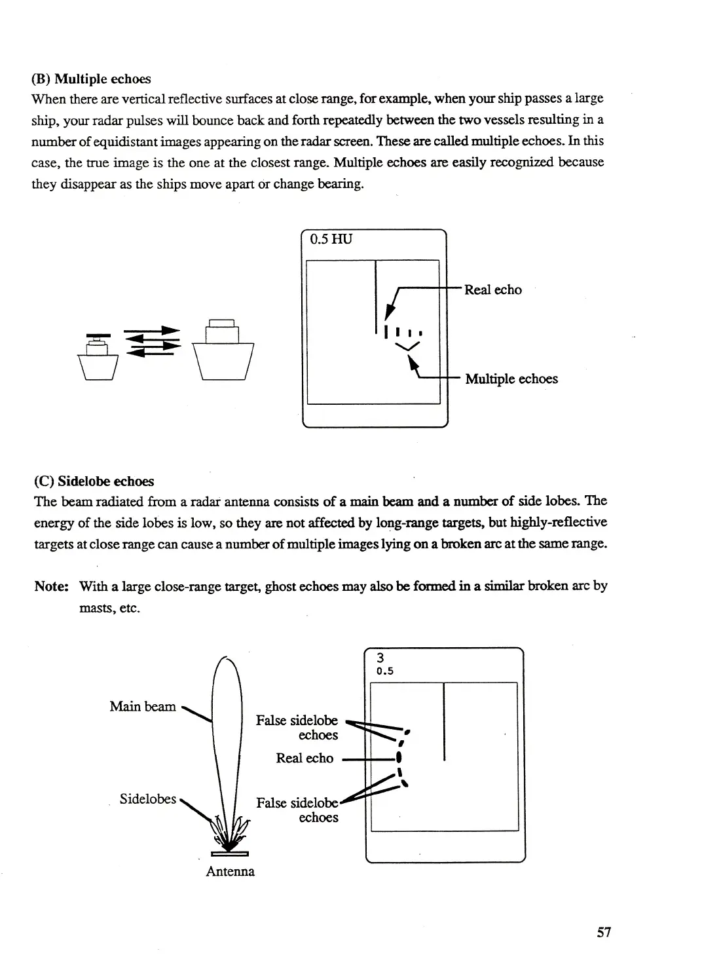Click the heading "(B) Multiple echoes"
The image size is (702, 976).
91,79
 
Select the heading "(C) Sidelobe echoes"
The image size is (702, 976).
94,481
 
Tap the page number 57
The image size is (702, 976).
604,932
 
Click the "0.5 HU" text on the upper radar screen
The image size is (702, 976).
331,239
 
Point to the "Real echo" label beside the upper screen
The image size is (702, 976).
493,290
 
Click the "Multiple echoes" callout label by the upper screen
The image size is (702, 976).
511,379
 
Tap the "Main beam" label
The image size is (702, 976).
143,706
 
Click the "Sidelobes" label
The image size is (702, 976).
148,798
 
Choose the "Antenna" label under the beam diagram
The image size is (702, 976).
230,871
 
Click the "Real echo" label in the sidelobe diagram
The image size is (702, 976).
305,758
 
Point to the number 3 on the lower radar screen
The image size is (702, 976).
380,658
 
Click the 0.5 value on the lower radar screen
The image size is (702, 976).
384,671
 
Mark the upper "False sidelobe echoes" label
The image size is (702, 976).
297,728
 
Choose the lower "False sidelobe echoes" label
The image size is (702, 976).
298,810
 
